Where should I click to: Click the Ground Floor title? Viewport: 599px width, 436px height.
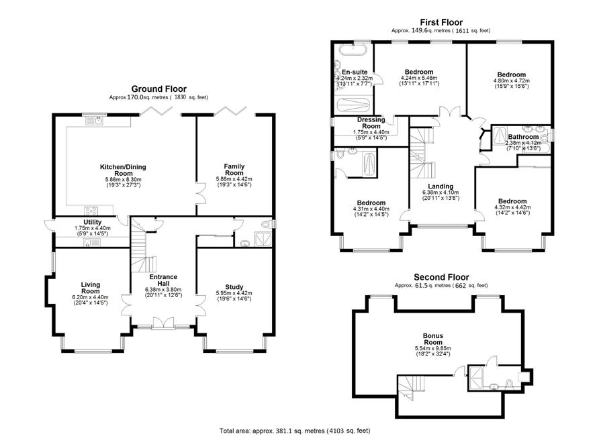click(159, 89)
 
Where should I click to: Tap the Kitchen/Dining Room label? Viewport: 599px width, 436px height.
click(123, 170)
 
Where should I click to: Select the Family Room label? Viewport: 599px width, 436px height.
click(234, 169)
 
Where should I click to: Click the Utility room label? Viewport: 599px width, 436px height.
click(93, 222)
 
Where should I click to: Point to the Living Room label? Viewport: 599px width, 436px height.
click(91, 288)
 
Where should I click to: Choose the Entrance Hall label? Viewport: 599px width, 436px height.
click(163, 280)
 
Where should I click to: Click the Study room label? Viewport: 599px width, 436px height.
click(234, 287)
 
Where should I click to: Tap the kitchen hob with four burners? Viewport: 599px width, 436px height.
click(91, 211)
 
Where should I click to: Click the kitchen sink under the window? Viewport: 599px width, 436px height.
click(94, 121)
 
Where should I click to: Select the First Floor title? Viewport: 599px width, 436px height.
click(441, 23)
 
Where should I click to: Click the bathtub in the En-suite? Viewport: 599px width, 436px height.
click(353, 50)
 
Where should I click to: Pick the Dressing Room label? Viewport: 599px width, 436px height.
click(371, 123)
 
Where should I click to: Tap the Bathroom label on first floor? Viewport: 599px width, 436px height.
click(523, 137)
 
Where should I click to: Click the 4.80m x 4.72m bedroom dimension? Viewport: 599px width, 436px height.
click(512, 81)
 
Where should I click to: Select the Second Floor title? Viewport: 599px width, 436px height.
click(441, 277)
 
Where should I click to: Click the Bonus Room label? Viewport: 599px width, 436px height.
click(433, 339)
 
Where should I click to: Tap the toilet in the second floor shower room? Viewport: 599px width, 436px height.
click(509, 383)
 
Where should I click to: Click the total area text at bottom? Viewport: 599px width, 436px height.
click(295, 431)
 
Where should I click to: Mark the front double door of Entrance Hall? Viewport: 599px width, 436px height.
click(163, 323)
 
